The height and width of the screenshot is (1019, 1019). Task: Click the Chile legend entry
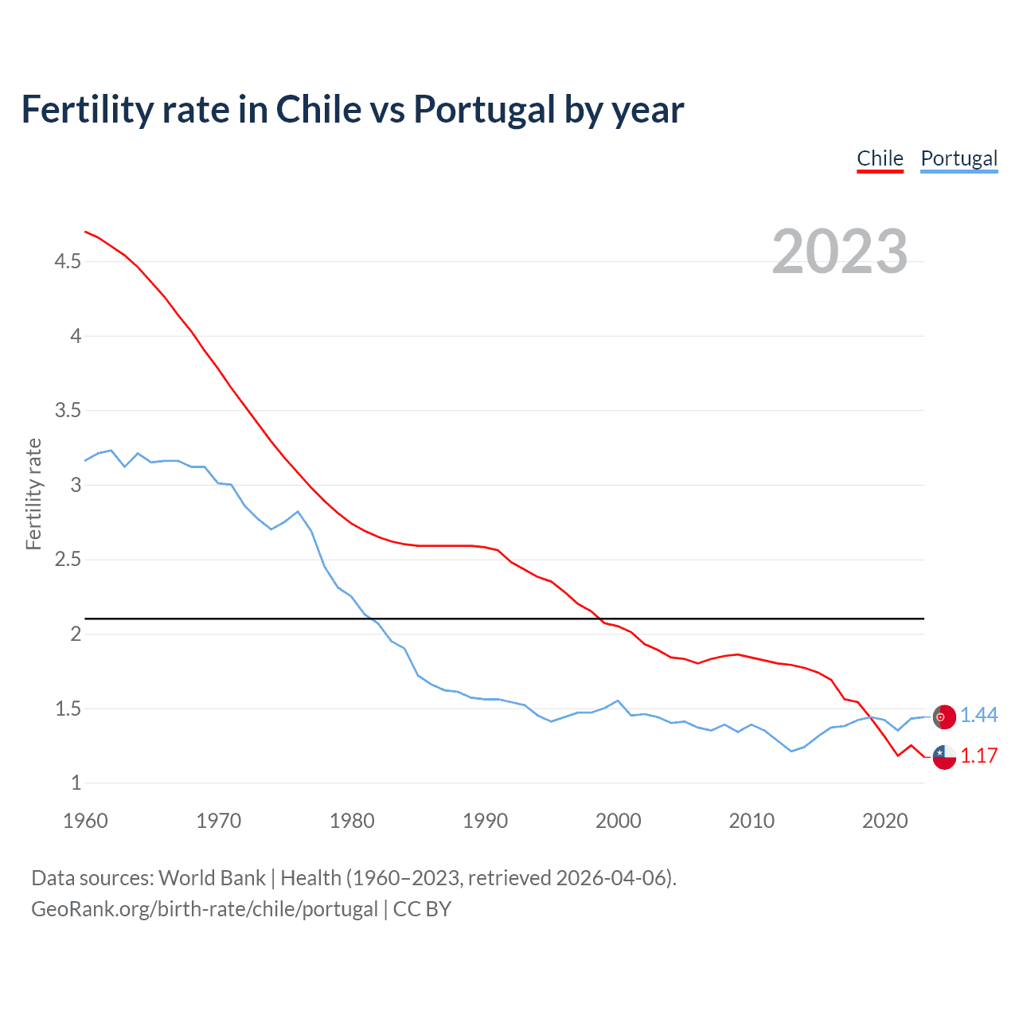[880, 158]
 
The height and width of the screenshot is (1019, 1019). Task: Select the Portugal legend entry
[958, 158]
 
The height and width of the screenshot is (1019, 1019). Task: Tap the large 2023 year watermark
[840, 252]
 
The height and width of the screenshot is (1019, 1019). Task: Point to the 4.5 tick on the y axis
[68, 261]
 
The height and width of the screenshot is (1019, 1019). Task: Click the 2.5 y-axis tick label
[68, 560]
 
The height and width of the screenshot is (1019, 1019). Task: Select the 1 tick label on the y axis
[76, 783]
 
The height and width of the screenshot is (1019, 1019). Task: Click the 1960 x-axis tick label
[85, 821]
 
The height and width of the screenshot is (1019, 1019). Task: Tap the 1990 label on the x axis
[485, 821]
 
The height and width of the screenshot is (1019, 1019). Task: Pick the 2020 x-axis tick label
[884, 821]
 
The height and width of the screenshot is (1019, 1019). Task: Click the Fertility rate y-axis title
[33, 494]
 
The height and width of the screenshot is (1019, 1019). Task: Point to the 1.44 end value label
[978, 716]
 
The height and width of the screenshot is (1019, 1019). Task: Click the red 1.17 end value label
[978, 756]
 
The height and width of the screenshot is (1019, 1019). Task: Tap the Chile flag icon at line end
[944, 757]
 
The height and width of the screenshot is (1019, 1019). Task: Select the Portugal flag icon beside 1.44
[944, 716]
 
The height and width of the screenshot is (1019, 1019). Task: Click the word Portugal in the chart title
[484, 109]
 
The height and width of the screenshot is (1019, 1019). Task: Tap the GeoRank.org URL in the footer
[205, 909]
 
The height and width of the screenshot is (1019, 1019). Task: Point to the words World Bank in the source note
[212, 878]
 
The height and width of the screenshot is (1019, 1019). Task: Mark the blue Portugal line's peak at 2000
[618, 701]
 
